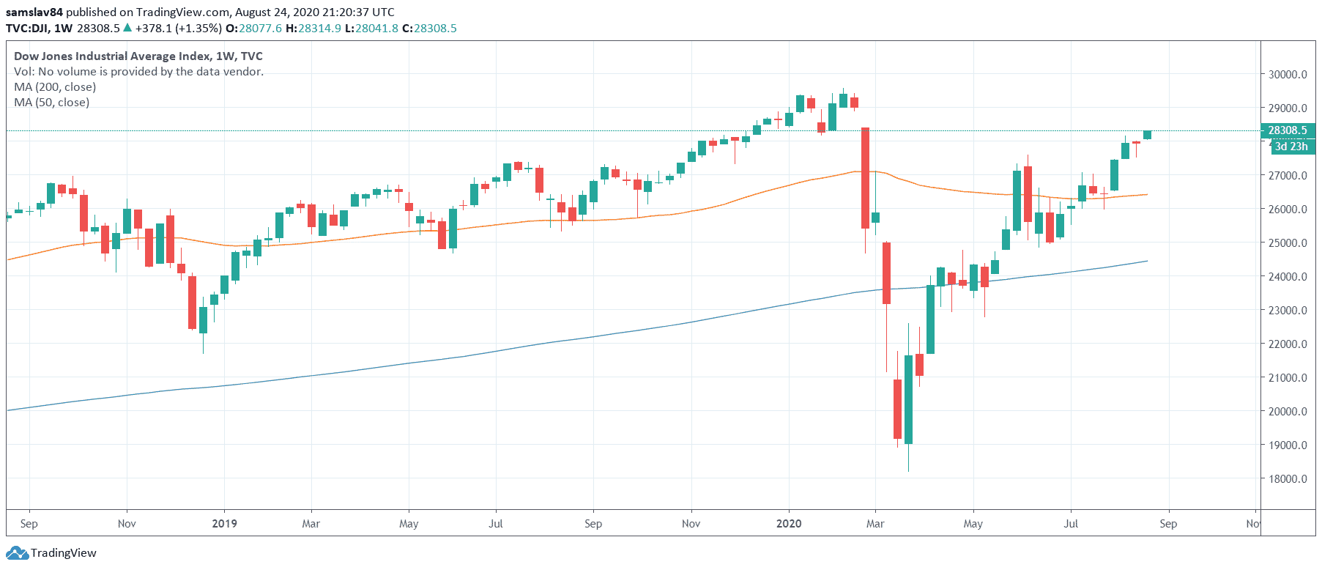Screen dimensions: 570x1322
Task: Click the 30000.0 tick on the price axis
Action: click(1288, 75)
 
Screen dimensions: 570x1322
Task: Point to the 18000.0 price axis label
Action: click(1288, 479)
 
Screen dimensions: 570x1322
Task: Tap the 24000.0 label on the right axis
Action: click(1288, 277)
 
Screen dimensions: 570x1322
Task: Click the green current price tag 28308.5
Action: click(1288, 130)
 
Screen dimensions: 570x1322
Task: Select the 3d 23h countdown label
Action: click(1291, 147)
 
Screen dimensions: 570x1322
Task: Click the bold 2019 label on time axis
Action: click(224, 524)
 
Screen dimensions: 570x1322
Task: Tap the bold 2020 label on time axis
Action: click(789, 524)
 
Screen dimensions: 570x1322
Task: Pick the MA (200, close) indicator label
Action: click(55, 87)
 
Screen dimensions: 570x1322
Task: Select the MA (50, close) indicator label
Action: click(52, 103)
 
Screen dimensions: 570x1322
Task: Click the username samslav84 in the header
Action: click(34, 12)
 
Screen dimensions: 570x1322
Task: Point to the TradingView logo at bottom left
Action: click(54, 553)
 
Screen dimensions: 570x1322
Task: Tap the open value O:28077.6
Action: click(253, 29)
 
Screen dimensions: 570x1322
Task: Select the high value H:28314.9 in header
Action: click(313, 29)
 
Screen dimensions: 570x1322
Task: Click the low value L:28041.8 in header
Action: click(372, 29)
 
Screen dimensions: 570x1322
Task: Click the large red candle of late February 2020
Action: click(865, 178)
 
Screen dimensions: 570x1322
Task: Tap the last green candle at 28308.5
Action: click(1147, 135)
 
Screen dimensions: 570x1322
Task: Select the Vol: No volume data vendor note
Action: click(138, 72)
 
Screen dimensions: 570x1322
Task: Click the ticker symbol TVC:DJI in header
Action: click(27, 29)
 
